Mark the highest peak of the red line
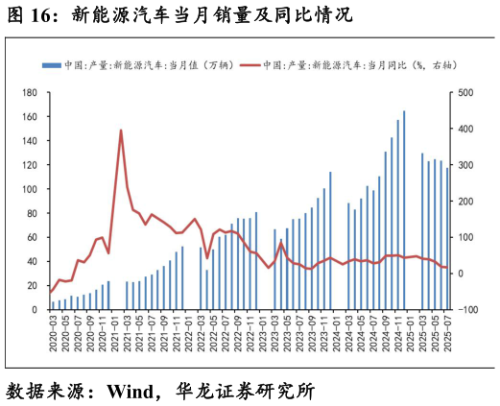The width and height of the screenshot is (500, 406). tap(121, 131)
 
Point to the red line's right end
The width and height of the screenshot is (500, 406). tap(447, 268)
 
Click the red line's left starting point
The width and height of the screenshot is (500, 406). tap(53, 291)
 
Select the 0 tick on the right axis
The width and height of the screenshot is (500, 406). tap(461, 274)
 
